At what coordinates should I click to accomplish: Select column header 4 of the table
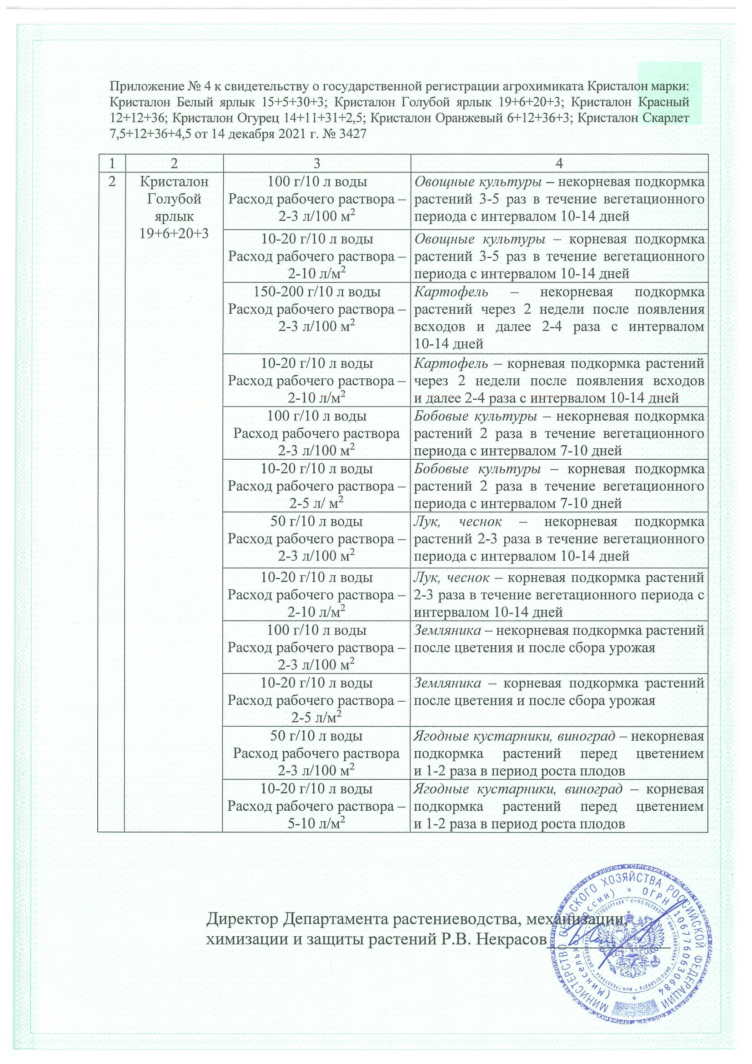coord(559,163)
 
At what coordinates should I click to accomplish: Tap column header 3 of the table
coord(316,163)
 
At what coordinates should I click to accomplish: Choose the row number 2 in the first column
coord(111,182)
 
